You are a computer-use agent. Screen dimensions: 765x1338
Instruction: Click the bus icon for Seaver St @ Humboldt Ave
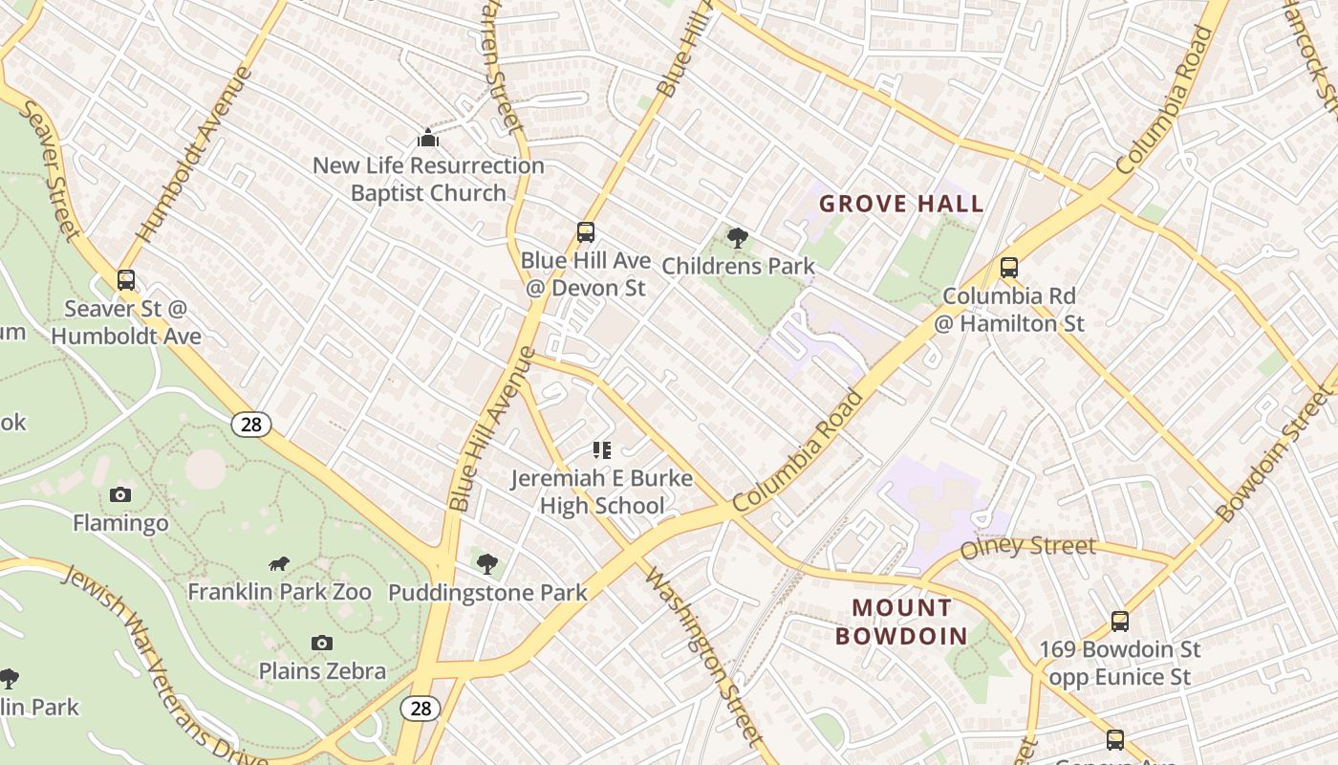[126, 280]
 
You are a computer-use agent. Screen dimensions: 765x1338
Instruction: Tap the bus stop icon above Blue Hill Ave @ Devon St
[586, 232]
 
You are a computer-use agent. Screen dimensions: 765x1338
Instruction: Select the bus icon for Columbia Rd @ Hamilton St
[1009, 268]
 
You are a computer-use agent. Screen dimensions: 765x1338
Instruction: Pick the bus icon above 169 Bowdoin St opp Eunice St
[1120, 622]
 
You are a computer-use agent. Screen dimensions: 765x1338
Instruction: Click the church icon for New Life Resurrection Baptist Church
[428, 138]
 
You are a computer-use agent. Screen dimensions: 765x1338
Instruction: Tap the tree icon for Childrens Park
[737, 237]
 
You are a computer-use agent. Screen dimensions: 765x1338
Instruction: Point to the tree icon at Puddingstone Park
[487, 563]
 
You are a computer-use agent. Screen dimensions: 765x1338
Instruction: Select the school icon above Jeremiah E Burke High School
[602, 449]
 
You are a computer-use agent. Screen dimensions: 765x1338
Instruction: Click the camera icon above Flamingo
[120, 494]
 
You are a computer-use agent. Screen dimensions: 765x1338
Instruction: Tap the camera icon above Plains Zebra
[322, 643]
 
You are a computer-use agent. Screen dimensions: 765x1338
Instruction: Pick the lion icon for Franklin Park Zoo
[279, 564]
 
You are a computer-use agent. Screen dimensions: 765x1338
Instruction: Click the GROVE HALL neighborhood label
[901, 204]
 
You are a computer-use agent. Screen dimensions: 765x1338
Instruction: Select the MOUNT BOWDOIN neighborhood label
[902, 622]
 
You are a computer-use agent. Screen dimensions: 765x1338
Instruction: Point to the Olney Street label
[1027, 547]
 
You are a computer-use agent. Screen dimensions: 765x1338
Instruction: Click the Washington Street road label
[704, 656]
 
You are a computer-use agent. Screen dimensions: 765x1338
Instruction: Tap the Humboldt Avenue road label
[195, 153]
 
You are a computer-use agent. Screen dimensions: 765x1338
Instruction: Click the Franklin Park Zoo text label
[279, 592]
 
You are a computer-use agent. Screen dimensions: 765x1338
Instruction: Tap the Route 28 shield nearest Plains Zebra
[421, 708]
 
